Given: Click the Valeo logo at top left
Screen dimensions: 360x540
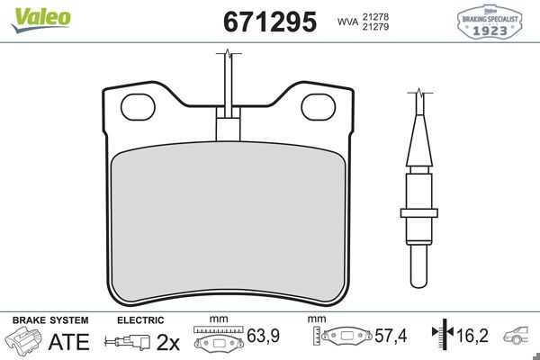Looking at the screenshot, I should [31, 15].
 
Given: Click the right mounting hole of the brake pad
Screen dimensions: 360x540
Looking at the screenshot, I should [318, 106].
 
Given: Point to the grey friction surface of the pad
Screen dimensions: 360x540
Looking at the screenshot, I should [229, 225].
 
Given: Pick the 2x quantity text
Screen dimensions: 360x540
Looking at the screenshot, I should [168, 343].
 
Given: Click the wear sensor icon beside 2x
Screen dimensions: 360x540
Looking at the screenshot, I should [127, 343].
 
